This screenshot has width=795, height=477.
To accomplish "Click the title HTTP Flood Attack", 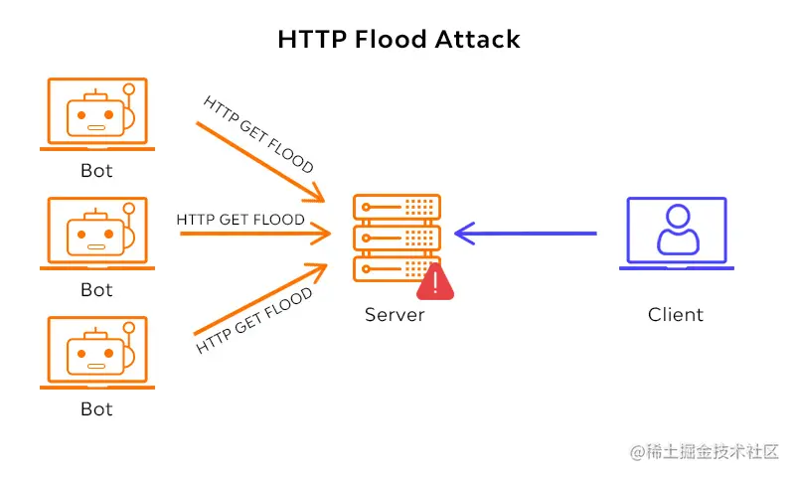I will pos(398,40).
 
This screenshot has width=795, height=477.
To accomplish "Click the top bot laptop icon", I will pos(96,113).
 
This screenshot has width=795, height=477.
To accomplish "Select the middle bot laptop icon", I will pos(96,233).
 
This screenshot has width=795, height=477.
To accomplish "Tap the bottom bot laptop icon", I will pos(96,352).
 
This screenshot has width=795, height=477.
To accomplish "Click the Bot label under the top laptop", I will pos(96,171).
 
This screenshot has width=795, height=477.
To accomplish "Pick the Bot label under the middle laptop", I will pos(96,290).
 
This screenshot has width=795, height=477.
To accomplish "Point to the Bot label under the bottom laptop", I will pos(96,408).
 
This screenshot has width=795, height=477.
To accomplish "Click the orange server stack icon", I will pos(397,238).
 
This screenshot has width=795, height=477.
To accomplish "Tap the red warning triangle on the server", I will pos(435,282).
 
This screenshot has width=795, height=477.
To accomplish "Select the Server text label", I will pos(395,315).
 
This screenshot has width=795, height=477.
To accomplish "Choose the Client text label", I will pos(676,315).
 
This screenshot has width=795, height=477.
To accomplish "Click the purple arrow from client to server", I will pos(527,234).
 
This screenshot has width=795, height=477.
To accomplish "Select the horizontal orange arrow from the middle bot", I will pos(253,235).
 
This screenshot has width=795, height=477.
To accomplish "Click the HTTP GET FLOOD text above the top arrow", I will pos(258,133).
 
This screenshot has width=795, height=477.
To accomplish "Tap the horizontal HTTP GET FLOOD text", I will pos(240,219).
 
